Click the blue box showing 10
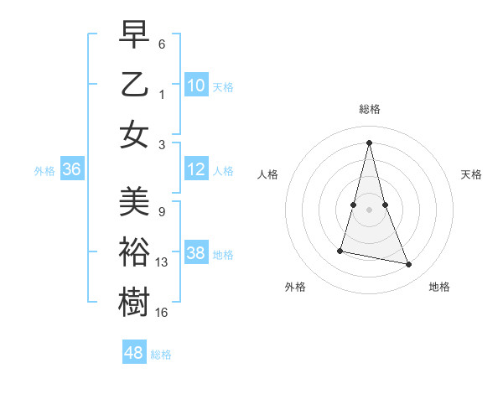pos(196,86)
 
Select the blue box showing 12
pos(196,170)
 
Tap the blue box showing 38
pos(196,254)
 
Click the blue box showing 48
pos(134,353)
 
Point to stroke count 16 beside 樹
pos(162,312)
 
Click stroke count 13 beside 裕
pos(162,262)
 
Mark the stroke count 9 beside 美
pos(162,212)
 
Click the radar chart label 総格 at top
pos(369,109)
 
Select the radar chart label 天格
pos(471,174)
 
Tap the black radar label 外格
pos(295,287)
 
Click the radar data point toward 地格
pos(409,265)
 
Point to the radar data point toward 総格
pos(369,142)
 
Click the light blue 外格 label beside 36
pos(44,171)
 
